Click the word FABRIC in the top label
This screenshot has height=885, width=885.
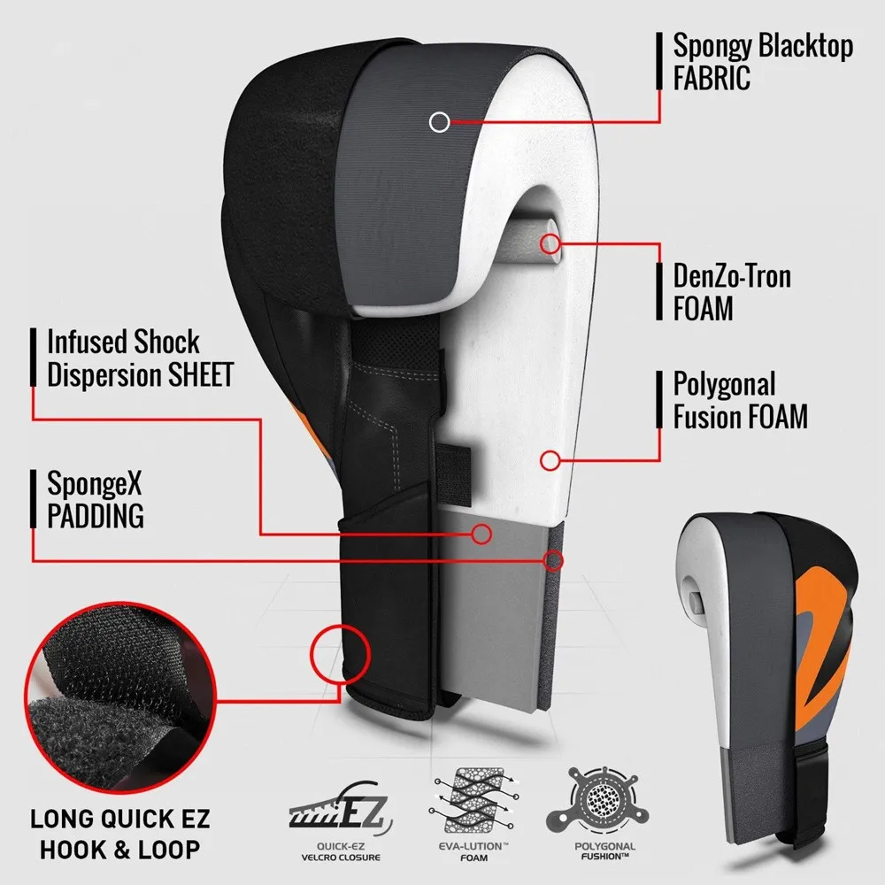coord(712,77)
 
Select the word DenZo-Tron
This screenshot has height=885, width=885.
coord(732,276)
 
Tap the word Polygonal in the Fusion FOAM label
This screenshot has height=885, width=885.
coord(724,385)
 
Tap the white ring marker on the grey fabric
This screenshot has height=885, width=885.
coord(439,121)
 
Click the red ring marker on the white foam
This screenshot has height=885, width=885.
coord(550,459)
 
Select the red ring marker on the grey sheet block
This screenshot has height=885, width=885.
coord(481,533)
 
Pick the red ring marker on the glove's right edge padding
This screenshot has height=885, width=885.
coord(555,560)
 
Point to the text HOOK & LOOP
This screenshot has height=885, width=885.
coord(115,849)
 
